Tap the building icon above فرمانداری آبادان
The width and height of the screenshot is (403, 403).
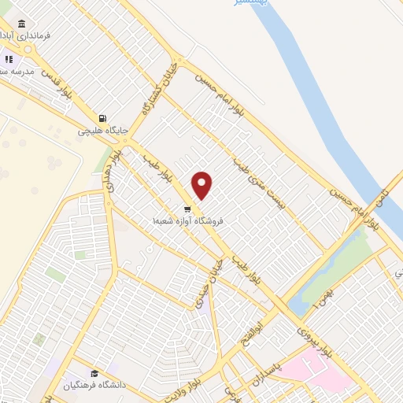click(20, 24)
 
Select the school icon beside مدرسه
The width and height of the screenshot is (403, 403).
click(9, 58)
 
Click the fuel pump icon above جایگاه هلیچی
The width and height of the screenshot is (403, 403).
click(102, 118)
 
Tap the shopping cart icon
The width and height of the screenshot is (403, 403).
click(187, 209)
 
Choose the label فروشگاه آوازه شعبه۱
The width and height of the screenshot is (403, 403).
click(190, 222)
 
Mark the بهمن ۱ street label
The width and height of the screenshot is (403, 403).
click(316, 295)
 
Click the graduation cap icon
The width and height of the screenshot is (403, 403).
click(94, 374)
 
